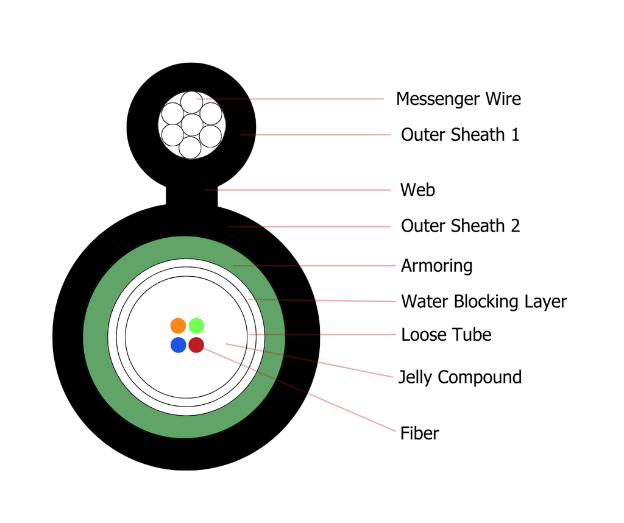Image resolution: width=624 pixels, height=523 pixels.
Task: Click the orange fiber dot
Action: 178,326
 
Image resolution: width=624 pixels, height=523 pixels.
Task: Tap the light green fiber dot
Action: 196,326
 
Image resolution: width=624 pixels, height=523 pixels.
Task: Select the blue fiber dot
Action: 179,344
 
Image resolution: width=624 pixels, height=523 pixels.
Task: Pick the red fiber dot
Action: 196,344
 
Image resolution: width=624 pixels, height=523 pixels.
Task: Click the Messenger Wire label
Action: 458,99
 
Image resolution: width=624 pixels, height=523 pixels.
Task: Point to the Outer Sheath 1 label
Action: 461,135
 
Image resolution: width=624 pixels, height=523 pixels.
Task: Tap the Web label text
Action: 417,190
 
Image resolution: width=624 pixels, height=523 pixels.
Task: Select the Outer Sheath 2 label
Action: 461,226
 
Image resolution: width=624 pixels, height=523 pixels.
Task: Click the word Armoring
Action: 436,266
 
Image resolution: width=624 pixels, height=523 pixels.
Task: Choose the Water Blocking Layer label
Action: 484,301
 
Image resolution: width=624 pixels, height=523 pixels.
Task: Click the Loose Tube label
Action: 446,335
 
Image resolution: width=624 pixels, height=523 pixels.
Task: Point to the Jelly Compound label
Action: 460,377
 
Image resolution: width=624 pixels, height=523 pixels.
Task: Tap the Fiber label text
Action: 419,433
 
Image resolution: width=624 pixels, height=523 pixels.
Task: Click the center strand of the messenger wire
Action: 192,125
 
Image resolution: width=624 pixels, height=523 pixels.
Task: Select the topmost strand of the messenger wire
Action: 191,102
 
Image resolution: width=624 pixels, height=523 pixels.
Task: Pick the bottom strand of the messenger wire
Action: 190,148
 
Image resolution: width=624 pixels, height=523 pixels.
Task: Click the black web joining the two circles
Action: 192,196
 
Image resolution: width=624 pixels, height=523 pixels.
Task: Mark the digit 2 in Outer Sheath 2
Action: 516,226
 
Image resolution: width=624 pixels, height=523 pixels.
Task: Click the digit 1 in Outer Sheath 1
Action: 516,135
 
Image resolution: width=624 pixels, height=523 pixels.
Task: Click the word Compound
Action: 480,377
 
